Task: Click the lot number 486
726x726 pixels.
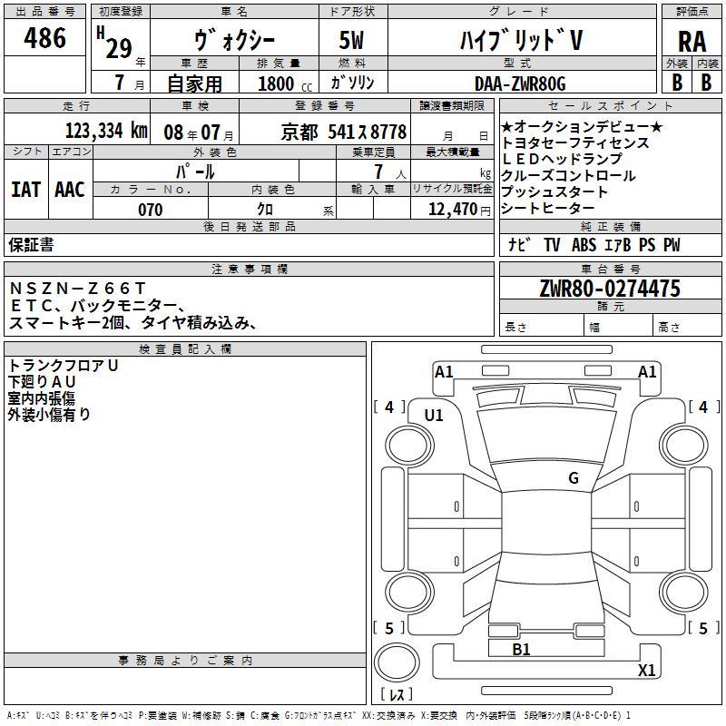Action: (x=44, y=37)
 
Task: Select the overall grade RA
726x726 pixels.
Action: (x=692, y=42)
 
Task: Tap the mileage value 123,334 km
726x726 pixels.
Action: (x=106, y=131)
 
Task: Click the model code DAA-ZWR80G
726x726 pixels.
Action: (x=520, y=83)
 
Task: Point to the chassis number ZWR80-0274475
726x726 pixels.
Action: (x=610, y=289)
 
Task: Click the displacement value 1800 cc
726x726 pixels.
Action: (x=285, y=83)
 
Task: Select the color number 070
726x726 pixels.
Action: (x=151, y=210)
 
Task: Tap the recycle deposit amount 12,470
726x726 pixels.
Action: (x=452, y=210)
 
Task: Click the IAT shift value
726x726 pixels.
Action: (x=26, y=190)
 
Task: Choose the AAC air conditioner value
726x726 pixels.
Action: (x=70, y=190)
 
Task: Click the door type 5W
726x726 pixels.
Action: (x=351, y=40)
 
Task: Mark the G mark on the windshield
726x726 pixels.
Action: (x=574, y=478)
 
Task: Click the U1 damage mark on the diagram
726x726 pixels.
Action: (x=434, y=416)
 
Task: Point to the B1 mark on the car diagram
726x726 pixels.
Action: (x=521, y=650)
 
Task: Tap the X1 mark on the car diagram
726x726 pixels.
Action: (x=646, y=670)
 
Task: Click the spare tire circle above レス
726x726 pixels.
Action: (x=397, y=662)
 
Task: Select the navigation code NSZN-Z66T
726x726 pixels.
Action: (x=78, y=289)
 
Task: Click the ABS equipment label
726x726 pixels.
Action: (x=584, y=245)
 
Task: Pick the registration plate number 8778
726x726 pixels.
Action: (x=388, y=132)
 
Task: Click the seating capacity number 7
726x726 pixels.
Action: (x=378, y=172)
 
